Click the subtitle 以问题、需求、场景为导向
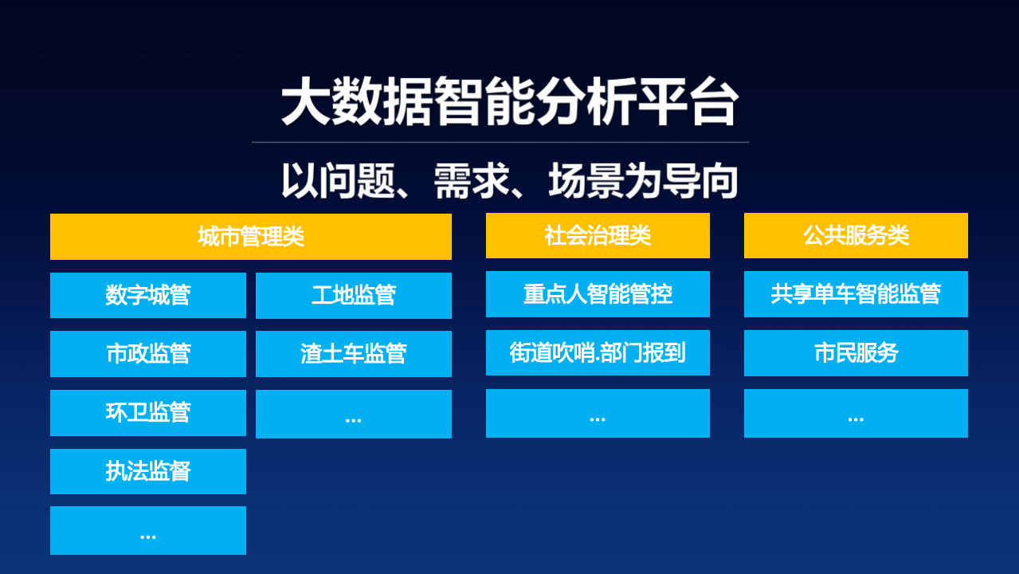coord(509,180)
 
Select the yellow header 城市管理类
coord(251,237)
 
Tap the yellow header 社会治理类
coord(598,236)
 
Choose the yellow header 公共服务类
coord(856,236)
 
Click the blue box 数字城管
coord(148,296)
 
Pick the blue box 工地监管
coord(354,296)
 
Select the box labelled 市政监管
coord(148,354)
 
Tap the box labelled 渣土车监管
coord(354,354)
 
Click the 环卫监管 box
coord(148,413)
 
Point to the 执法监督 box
coord(148,471)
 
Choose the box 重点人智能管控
coord(598,294)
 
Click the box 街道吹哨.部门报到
coord(598,352)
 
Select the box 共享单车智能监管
coord(856,294)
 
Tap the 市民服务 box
coord(856,353)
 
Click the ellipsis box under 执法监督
coord(148,531)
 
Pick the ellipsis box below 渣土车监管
coord(354,414)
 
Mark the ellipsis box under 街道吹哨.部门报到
coord(598,413)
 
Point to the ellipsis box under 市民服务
coord(856,413)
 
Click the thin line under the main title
coord(500,142)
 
